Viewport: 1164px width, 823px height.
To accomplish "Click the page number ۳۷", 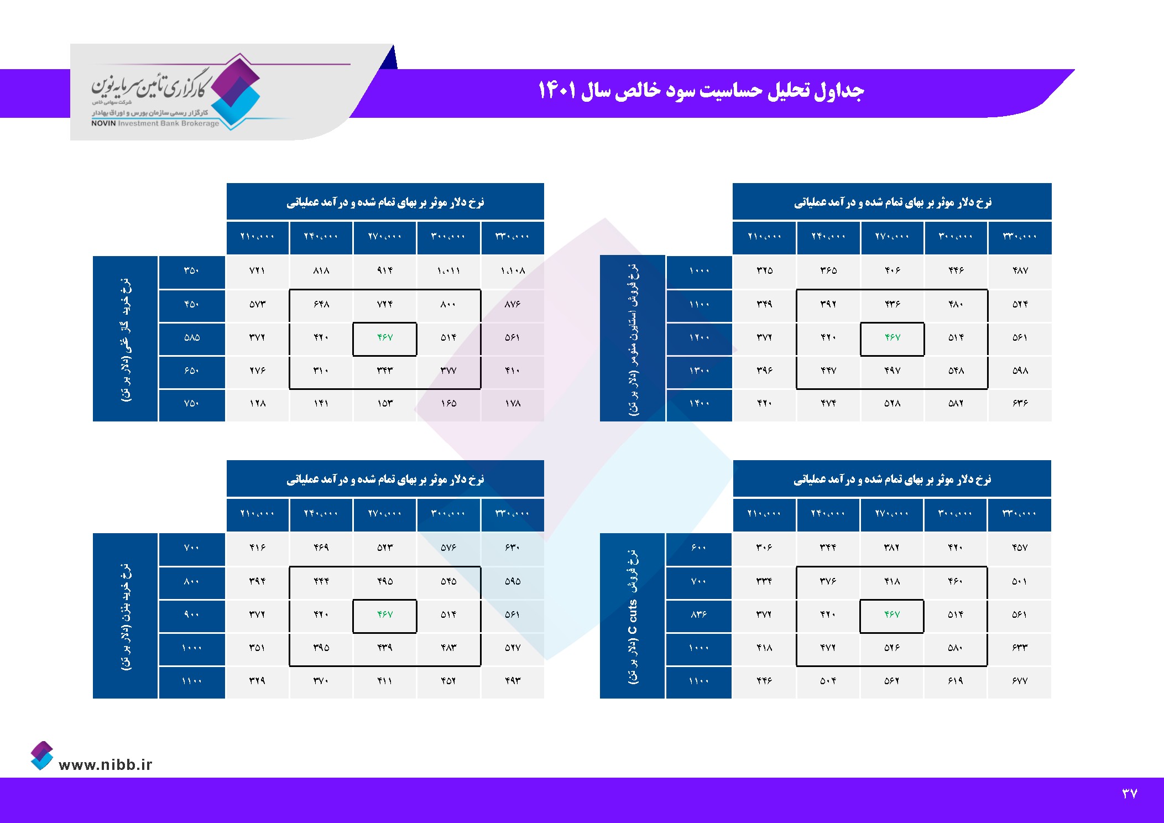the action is [x=1129, y=794].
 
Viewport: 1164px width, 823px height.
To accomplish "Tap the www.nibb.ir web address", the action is [x=105, y=764].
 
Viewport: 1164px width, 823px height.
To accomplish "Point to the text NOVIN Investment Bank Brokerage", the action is [x=155, y=123].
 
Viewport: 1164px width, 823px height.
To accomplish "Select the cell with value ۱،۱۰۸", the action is [x=513, y=270].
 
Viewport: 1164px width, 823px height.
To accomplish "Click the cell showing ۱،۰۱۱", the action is [x=448, y=270].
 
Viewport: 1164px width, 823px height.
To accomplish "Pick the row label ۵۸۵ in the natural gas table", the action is [x=192, y=337].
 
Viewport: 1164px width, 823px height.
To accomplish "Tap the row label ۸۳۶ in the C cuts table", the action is [x=698, y=614].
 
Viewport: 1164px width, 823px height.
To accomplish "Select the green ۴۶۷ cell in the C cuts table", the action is [x=891, y=614].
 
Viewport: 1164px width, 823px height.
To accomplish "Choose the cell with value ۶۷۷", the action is [x=1019, y=681].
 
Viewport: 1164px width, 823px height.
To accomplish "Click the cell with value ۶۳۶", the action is [x=1020, y=404].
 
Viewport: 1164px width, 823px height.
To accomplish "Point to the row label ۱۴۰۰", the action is [x=699, y=404].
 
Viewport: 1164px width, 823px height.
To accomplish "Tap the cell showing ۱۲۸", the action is [x=257, y=404].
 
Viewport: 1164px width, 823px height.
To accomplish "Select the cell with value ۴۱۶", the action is [x=257, y=548].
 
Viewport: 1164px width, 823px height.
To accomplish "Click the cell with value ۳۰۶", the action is [x=764, y=548].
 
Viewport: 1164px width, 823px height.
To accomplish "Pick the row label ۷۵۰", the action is [x=192, y=404].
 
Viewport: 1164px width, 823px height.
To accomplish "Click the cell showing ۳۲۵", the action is [x=764, y=270].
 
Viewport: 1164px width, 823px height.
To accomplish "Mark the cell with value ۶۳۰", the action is [x=513, y=548].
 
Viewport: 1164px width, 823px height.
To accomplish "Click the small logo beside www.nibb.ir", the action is [x=42, y=756].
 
